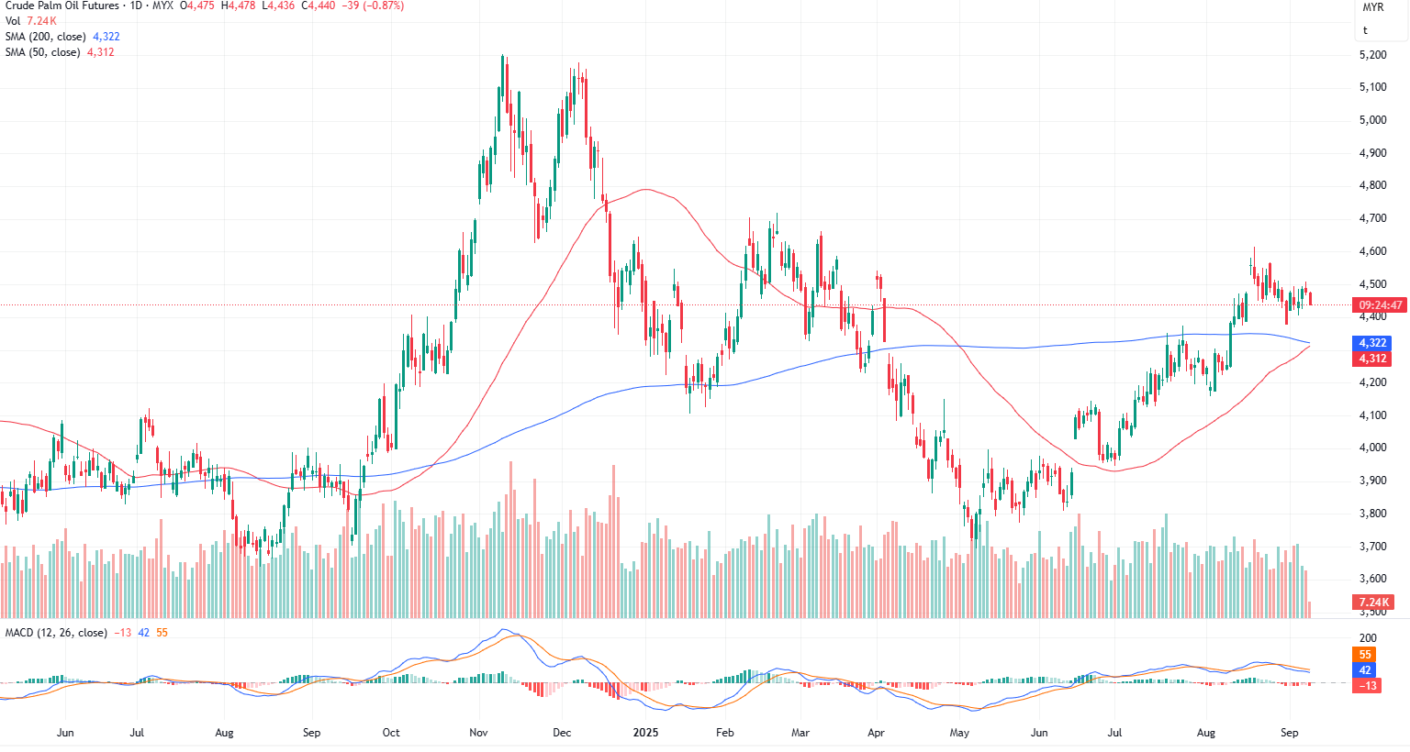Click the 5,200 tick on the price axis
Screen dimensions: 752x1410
(x=1372, y=55)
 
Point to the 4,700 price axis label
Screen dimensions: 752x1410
(x=1372, y=218)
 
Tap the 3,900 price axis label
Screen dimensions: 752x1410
(x=1372, y=481)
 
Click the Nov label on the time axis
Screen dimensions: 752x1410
(x=478, y=733)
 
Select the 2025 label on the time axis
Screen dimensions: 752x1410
(x=646, y=733)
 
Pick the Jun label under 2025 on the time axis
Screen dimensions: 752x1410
(x=1039, y=733)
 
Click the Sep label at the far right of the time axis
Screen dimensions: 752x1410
(x=1289, y=733)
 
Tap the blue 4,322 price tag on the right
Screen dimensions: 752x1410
(x=1372, y=343)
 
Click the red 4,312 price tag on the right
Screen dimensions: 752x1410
(x=1372, y=359)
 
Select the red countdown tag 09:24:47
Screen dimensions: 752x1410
(x=1380, y=305)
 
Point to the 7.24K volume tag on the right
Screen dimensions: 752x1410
(x=1372, y=603)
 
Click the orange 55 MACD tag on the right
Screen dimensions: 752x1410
(x=1365, y=655)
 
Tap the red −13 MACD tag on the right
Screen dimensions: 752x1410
(x=1367, y=686)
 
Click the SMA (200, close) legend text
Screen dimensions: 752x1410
(x=45, y=37)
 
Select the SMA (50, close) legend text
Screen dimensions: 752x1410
(x=42, y=52)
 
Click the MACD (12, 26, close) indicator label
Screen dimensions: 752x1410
(x=56, y=633)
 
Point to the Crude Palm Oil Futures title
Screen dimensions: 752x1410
(x=62, y=6)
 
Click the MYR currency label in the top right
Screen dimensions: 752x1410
(x=1372, y=7)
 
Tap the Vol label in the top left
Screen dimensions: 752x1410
(x=13, y=21)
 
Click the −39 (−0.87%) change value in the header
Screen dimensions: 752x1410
(x=372, y=6)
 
